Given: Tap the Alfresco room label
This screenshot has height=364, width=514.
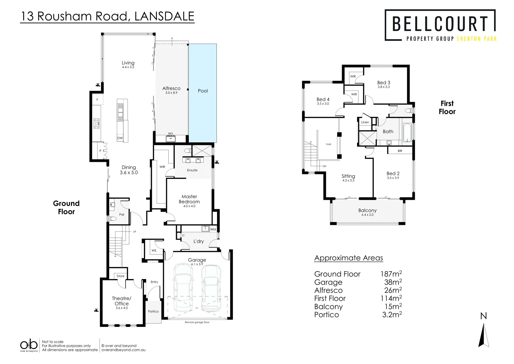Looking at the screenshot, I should point(171,89).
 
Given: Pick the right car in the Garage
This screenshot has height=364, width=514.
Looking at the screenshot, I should point(211,288).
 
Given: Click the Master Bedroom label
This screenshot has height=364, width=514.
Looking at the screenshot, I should point(189,199).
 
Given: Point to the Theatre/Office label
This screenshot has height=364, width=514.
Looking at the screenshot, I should point(122,301).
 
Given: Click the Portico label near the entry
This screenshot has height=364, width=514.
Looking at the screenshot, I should point(153,311).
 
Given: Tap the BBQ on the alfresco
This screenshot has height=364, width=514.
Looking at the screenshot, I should point(171,138).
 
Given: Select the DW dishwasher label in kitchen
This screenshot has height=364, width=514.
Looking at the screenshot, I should point(120,138).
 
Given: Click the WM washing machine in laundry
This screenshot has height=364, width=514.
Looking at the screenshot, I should point(213,229).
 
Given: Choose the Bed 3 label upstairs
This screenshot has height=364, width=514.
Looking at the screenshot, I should point(383,83).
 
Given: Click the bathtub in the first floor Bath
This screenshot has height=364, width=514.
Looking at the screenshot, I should point(407,132).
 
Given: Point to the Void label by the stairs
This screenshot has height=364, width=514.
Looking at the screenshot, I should point(328,144).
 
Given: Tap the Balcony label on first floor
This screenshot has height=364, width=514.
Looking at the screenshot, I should point(367,210).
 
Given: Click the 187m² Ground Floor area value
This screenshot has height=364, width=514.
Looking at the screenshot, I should point(391,274).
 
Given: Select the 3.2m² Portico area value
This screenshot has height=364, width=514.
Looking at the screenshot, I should point(391,315).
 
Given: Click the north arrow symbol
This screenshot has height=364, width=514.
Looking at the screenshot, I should point(484,335).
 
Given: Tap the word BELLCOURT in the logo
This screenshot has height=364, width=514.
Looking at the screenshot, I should point(440,24).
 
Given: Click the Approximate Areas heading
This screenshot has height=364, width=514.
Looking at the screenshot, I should point(348,258).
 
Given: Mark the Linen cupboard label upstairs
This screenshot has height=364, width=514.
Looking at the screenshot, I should point(365,122).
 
